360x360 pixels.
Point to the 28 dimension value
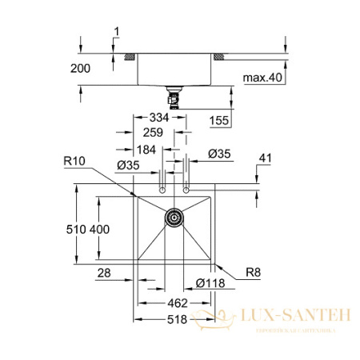[102, 273]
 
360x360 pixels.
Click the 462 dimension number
[177, 303]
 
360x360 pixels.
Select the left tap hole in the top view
[162, 190]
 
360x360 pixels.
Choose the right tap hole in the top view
[187, 190]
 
